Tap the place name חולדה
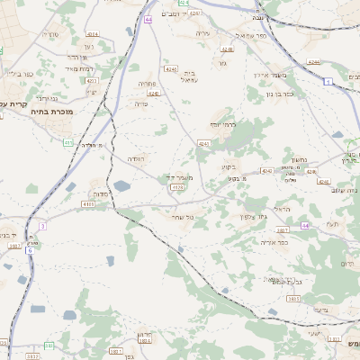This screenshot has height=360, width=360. click(x=136, y=158)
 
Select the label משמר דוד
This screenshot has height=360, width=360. click(x=177, y=178)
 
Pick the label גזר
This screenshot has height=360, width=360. click(x=221, y=64)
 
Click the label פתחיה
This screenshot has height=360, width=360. click(x=147, y=83)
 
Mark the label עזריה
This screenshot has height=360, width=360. click(x=203, y=33)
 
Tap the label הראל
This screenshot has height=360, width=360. click(x=283, y=209)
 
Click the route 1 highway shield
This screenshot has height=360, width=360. click(x=329, y=82)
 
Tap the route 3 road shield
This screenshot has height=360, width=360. click(x=42, y=225)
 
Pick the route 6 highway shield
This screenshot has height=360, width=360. click(x=30, y=250)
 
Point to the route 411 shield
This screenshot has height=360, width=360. click(x=68, y=142)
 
